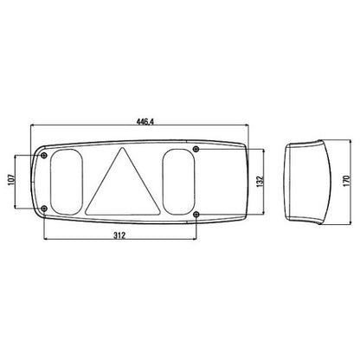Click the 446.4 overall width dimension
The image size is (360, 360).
point(145,122)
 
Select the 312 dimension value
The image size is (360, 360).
point(119,235)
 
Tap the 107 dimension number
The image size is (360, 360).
point(11,180)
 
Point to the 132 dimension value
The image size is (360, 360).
point(260,182)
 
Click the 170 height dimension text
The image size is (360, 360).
point(346,181)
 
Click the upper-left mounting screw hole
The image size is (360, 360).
point(44,156)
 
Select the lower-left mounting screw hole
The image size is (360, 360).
point(44,209)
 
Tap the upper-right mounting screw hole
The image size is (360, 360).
point(196,149)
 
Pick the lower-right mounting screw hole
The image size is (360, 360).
point(196,214)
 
